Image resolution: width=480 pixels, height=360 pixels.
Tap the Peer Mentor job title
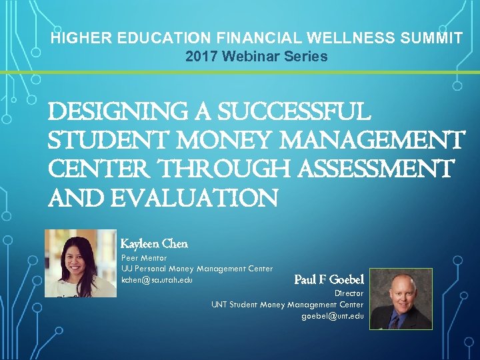click(x=144, y=257)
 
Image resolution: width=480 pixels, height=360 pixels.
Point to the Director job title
click(x=349, y=293)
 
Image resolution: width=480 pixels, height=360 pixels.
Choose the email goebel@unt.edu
click(x=333, y=316)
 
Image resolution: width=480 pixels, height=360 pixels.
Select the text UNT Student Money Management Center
click(x=287, y=305)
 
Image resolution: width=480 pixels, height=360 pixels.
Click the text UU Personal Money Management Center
click(x=197, y=269)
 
